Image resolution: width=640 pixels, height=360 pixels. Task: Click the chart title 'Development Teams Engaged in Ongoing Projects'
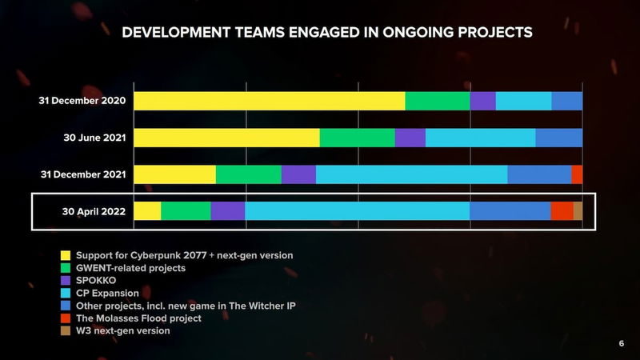coord(326,33)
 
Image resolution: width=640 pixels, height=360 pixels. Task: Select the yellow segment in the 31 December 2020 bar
coord(269,101)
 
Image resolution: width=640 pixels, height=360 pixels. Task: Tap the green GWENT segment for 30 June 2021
coord(357,138)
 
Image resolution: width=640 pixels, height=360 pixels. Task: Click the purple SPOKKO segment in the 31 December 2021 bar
coord(298,174)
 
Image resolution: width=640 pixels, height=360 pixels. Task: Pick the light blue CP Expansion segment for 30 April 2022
coord(357,211)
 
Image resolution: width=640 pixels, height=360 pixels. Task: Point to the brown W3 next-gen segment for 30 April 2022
coord(578,211)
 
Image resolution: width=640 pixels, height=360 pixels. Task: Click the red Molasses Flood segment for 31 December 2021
coord(577,174)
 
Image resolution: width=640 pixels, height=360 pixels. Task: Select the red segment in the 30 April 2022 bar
coord(562,211)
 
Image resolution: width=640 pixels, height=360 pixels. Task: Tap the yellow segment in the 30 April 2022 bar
coord(147,211)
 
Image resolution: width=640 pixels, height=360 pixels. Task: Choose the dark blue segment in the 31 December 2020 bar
coord(566,101)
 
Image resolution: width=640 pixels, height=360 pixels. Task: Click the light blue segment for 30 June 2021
coord(480,138)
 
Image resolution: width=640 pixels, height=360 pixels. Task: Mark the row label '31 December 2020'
coord(82,102)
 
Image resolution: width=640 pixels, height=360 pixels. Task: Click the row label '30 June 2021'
coord(94,138)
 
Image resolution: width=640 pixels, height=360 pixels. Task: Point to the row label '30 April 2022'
coord(94,212)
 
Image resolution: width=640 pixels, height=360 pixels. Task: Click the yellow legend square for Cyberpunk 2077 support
coord(67,256)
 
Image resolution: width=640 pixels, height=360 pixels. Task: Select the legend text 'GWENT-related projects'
coord(130,268)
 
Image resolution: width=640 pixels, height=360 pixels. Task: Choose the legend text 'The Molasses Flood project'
coord(138,318)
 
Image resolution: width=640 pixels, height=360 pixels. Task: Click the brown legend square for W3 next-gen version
coord(67,331)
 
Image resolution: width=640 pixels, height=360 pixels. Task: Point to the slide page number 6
coord(621,343)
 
